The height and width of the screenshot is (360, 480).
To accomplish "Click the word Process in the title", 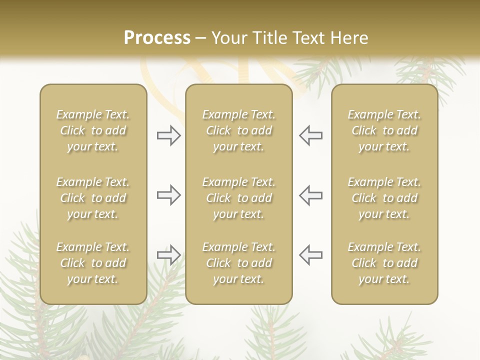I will [157, 38].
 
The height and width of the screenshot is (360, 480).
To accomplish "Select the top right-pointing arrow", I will [169, 135].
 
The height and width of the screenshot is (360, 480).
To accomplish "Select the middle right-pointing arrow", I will [169, 195].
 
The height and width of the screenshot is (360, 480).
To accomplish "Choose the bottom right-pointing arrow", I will [169, 255].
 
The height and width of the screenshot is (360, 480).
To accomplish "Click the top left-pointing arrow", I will [310, 135].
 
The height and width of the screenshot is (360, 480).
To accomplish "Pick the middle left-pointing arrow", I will [310, 195].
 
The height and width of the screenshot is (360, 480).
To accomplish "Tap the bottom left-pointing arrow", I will [310, 255].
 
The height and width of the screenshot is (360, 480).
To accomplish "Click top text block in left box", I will [93, 130].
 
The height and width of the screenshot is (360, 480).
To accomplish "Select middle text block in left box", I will [93, 198].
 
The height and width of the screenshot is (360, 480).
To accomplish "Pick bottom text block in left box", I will [93, 263].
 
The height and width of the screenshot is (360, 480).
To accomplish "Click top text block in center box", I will [238, 130].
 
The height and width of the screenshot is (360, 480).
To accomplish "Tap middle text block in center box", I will [238, 198].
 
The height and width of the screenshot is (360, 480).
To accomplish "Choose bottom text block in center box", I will [238, 263].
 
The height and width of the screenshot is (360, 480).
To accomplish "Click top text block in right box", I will [384, 130].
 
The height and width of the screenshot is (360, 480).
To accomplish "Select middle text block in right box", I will [384, 198].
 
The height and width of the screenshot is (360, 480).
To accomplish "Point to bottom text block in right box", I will [384, 263].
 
